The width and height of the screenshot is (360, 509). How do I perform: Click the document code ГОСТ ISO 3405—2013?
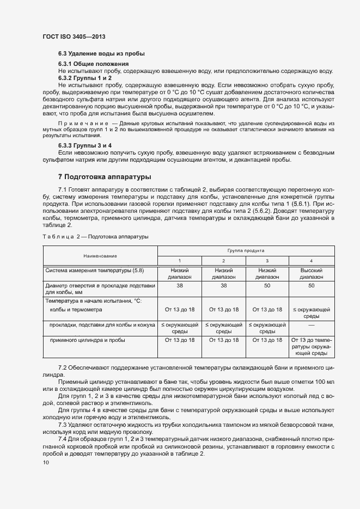[74, 36]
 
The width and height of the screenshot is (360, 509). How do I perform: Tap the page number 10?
[46, 463]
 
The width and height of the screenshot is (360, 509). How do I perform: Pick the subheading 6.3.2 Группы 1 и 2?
[85, 78]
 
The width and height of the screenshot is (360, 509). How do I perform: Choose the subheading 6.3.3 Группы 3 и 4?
[85, 146]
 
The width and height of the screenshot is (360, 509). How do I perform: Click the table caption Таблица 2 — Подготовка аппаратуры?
[94, 236]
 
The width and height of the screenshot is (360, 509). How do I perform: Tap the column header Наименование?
[100, 255]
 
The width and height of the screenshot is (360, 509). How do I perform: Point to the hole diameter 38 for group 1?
[180, 285]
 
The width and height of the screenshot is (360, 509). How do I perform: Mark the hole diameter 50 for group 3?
[267, 285]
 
